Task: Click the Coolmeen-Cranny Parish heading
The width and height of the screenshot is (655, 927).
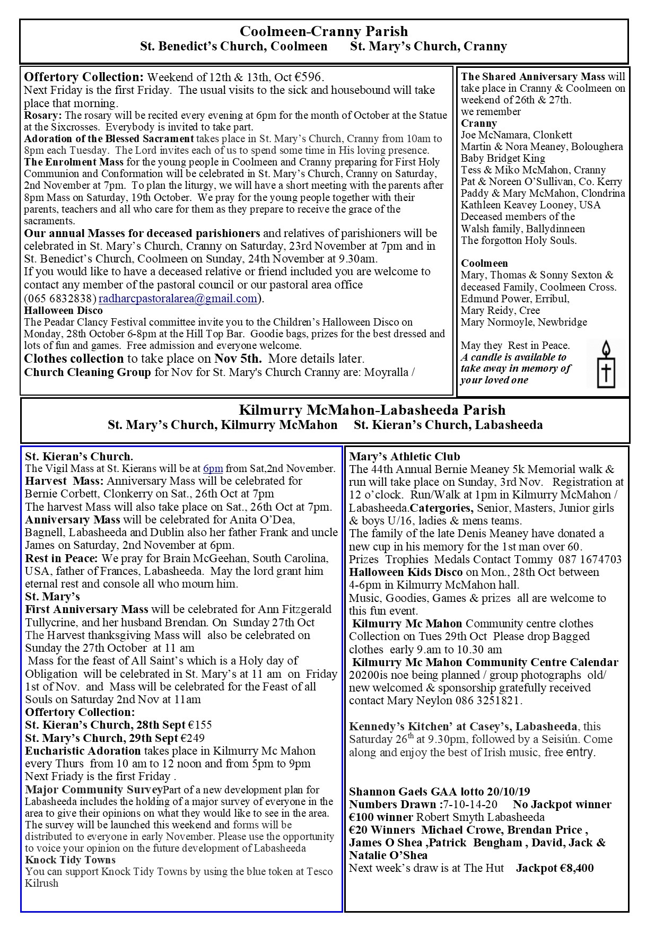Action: [x=324, y=31]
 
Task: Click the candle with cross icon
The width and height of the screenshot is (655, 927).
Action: [x=606, y=365]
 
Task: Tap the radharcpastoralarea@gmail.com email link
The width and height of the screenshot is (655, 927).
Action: [x=178, y=298]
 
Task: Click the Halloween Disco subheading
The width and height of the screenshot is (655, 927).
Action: [x=64, y=310]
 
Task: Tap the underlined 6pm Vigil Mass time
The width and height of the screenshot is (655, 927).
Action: [x=213, y=468]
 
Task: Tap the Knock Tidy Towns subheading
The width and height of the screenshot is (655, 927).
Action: [x=70, y=860]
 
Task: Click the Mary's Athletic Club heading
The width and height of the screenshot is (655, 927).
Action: [x=404, y=457]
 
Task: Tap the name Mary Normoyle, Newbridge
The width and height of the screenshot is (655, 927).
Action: [x=524, y=322]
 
